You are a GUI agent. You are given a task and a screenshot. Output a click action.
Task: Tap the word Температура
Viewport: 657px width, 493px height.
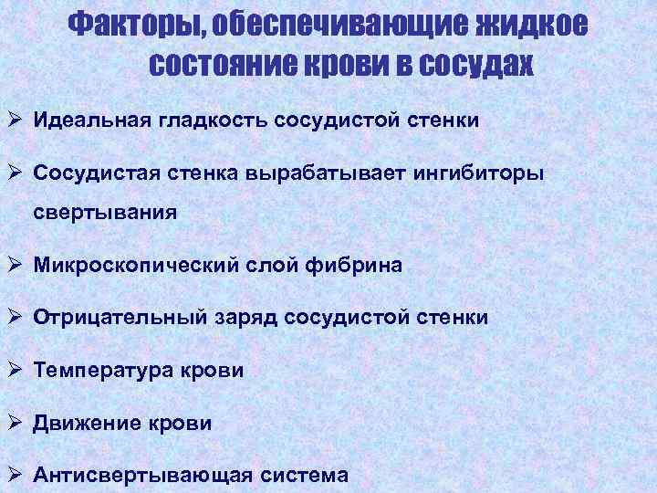pyautogui.click(x=96, y=372)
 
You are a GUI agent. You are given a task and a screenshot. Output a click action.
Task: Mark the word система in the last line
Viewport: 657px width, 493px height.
pyautogui.click(x=303, y=476)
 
